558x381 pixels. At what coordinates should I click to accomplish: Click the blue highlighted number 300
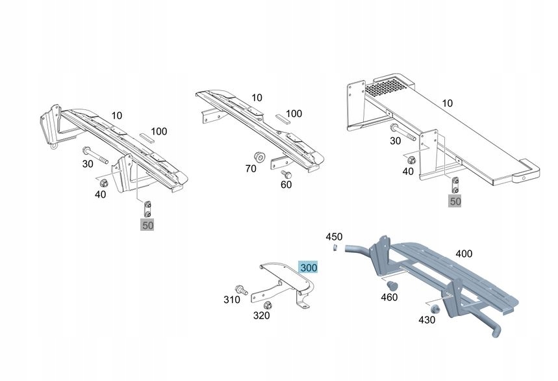(x=308, y=267)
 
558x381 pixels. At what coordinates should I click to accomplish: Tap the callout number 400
(x=464, y=254)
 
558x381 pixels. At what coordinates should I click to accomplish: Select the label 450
(x=334, y=237)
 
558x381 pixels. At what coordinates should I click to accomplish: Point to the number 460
(x=390, y=296)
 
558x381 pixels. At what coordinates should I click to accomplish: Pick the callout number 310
(x=232, y=300)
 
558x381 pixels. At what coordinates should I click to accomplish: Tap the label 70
(x=251, y=168)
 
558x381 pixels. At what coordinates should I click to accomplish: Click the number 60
(x=286, y=185)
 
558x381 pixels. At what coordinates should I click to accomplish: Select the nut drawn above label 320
(x=267, y=305)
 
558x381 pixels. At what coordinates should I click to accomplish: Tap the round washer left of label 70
(x=258, y=156)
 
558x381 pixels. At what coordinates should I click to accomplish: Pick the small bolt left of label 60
(x=285, y=173)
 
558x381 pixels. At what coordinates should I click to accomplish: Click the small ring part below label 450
(x=333, y=248)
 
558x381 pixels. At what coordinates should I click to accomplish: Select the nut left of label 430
(x=435, y=309)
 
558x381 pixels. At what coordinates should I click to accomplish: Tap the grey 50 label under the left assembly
(x=148, y=226)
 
